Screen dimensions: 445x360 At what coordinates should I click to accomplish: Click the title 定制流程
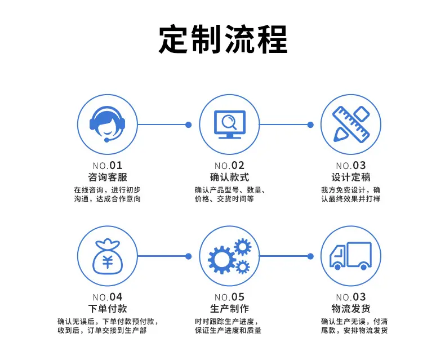coord(223,39)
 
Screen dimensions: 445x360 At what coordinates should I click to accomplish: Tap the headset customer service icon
coord(107,124)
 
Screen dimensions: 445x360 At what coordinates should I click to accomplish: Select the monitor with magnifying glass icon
coord(229,125)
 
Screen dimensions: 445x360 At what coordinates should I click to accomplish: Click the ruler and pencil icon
coord(351,124)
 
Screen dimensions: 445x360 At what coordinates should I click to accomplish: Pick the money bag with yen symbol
coord(108,256)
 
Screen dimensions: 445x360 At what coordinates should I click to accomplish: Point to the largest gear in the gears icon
coord(222,260)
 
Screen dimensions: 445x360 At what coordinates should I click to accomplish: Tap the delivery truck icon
coord(350,256)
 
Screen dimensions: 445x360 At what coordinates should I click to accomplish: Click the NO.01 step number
coord(108,165)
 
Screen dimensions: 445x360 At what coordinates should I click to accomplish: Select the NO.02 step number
coord(229,165)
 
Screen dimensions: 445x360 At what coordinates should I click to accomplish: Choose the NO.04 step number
coord(108,297)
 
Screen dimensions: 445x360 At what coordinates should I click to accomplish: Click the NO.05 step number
coord(229,297)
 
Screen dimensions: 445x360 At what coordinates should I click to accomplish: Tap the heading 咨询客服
coord(108,177)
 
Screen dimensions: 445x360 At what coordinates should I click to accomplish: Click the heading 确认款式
coord(229,177)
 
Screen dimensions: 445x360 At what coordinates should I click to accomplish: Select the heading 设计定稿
coord(351,177)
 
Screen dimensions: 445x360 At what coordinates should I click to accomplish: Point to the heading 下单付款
coord(108,309)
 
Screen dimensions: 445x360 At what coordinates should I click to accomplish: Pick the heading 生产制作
coord(229,309)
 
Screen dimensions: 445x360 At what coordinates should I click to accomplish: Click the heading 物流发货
coord(351,309)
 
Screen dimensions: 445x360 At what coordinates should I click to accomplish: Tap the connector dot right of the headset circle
coord(189,125)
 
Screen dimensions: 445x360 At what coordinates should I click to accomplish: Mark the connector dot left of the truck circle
coord(310,256)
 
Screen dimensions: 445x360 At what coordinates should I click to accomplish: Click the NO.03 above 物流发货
coord(351,297)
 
